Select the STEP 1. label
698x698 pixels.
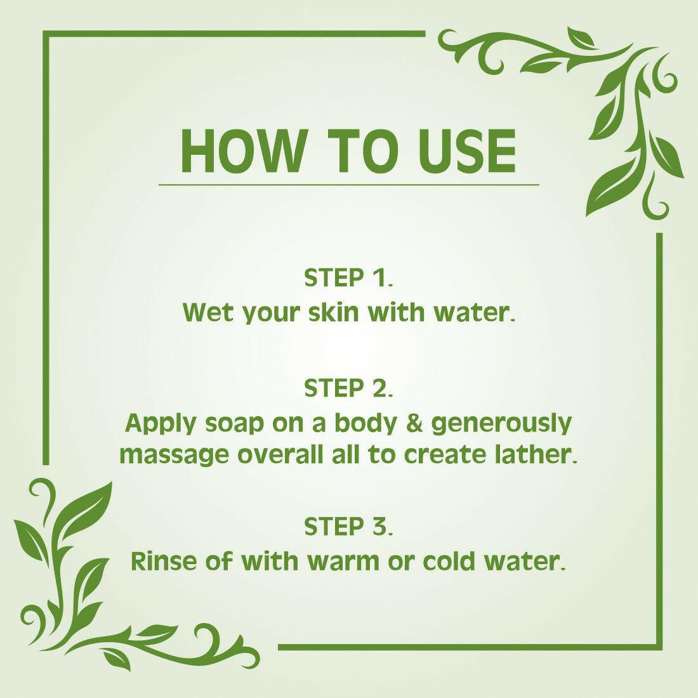tap(348, 278)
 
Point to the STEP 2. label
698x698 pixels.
tap(348, 388)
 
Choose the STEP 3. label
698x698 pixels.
tap(348, 527)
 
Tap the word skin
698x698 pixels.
tap(338, 312)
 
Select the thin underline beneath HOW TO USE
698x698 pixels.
tap(348, 185)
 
